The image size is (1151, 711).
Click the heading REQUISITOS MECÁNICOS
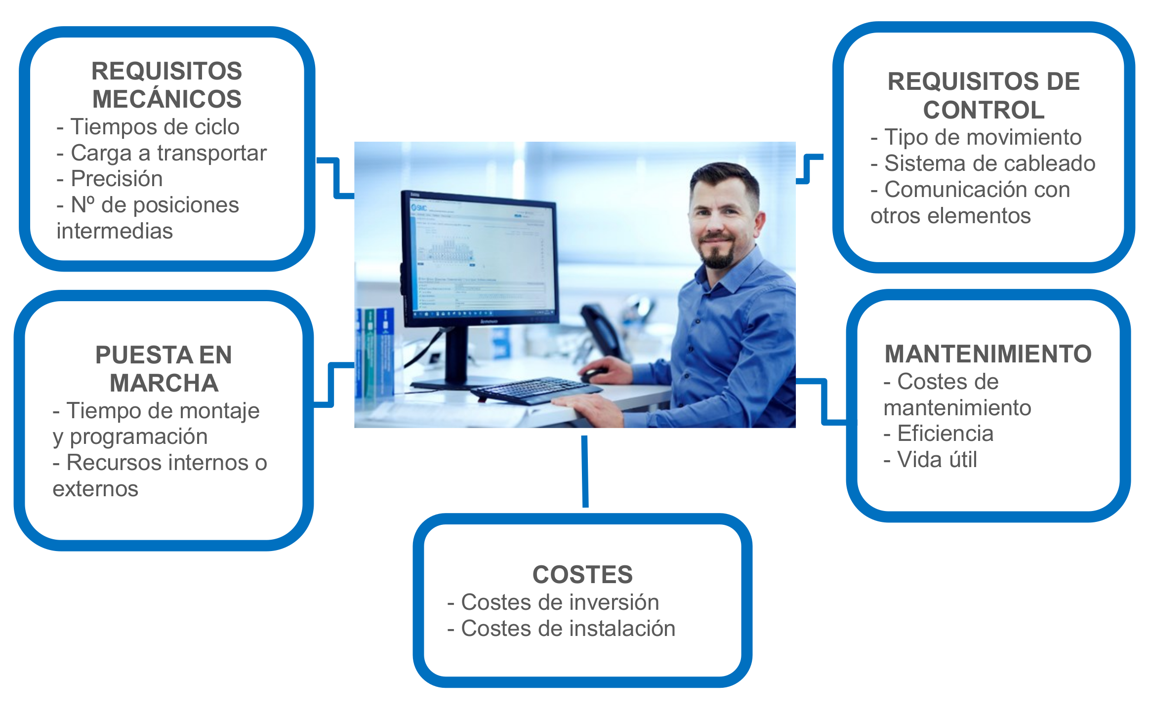tap(167, 85)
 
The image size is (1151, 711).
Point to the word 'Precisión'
tap(117, 179)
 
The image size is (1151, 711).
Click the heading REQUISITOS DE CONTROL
tap(984, 95)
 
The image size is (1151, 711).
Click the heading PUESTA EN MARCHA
tap(164, 369)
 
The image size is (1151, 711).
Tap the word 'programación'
tap(139, 436)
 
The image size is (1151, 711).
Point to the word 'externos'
tap(95, 489)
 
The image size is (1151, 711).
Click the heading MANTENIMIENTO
tap(988, 354)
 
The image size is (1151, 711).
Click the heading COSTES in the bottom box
tap(582, 575)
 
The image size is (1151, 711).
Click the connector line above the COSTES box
tap(585, 472)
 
